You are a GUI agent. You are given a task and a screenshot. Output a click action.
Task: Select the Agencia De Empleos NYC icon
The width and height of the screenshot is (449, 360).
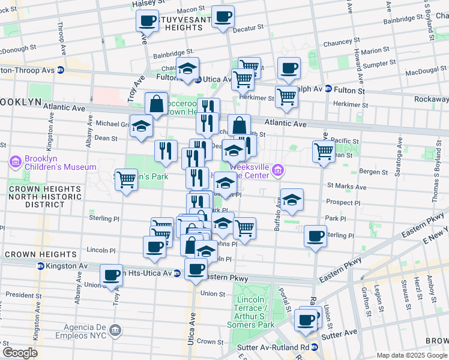click(x=116, y=329)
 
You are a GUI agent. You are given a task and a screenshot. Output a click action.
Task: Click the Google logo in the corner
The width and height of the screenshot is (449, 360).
click(x=20, y=352)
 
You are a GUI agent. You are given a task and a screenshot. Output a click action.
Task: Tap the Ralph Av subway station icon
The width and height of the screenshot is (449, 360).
click(x=328, y=89)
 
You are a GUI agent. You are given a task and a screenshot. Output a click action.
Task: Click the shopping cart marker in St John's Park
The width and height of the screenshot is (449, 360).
click(x=126, y=178)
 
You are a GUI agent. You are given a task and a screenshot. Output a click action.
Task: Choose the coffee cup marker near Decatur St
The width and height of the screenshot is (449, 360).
click(x=223, y=17)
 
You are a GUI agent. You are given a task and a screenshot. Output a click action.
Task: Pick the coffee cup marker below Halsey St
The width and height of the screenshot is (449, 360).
click(x=147, y=22)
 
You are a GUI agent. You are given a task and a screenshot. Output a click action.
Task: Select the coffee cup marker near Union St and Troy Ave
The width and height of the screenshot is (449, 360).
click(x=111, y=275)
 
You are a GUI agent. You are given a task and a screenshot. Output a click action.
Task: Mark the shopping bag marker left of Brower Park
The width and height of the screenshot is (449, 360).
click(x=156, y=104)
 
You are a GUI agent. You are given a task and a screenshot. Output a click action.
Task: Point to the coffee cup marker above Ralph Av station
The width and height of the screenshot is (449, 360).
click(x=289, y=69)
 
